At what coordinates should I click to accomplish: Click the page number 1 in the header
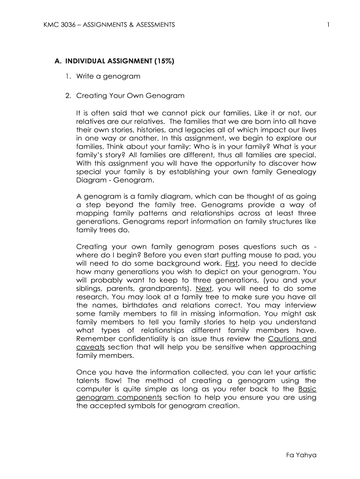(x=329, y=25)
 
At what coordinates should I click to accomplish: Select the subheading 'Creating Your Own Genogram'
(x=130, y=96)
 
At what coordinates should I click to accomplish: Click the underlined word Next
(x=204, y=289)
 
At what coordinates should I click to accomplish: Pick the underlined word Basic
(x=307, y=389)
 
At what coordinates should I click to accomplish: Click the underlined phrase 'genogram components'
(x=119, y=398)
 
